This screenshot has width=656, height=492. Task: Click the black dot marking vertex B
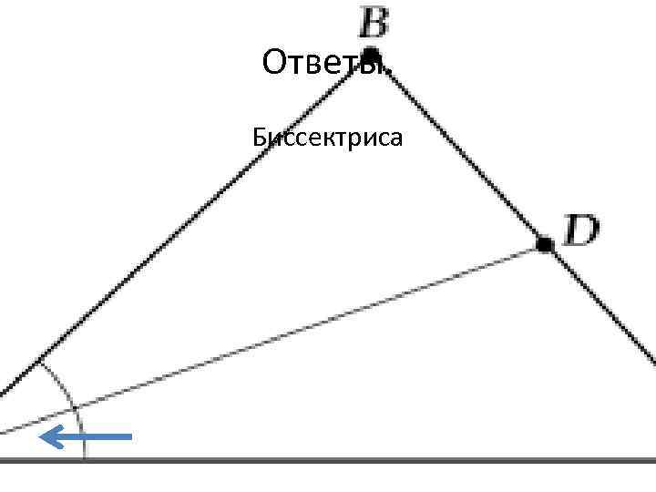tap(371, 54)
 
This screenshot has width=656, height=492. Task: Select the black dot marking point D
tap(544, 244)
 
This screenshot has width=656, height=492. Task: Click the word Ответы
tap(325, 64)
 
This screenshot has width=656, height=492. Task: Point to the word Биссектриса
tap(327, 138)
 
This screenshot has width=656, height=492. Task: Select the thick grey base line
tap(364, 461)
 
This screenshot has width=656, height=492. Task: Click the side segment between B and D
tap(456, 148)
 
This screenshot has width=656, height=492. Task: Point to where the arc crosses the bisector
tap(76, 406)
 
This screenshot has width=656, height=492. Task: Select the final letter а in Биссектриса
tap(397, 139)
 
